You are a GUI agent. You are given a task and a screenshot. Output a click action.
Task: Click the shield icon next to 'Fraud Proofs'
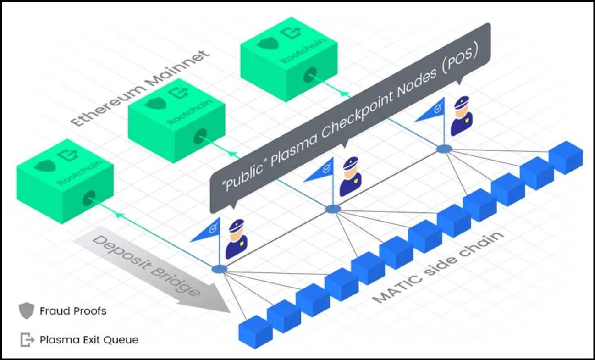pos(26,311)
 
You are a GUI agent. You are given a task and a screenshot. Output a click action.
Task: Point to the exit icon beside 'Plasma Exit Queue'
pos(27,340)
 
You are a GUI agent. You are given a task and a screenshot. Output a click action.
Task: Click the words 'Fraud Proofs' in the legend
pos(73,311)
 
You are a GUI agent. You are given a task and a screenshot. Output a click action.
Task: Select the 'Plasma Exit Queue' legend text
pos(89,340)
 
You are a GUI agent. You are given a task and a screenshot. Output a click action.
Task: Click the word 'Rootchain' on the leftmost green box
pos(79,173)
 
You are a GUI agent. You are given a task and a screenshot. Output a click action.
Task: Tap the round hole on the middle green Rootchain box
pos(201,136)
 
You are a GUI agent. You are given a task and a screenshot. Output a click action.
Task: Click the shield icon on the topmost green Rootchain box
pos(264,43)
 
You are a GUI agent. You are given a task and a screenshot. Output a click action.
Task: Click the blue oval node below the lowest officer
pos(219,269)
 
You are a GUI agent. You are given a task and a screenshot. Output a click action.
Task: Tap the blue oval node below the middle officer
pos(333,209)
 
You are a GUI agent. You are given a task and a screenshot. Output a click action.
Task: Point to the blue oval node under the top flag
pos(444,149)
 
